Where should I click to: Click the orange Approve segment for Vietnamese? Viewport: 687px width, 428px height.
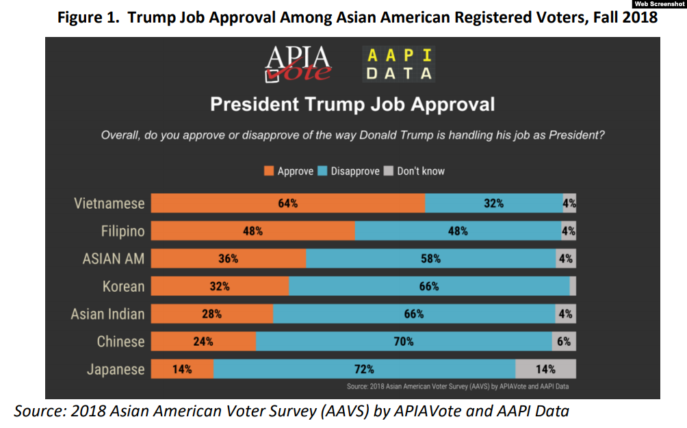tap(287, 203)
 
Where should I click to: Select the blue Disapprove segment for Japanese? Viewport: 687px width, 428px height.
tap(363, 369)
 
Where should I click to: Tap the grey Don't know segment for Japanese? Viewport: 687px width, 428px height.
tap(545, 369)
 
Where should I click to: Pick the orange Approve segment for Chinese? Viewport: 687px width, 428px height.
tap(203, 341)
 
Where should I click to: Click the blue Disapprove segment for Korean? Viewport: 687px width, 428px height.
tap(429, 286)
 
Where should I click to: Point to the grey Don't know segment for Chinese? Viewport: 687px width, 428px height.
tap(564, 341)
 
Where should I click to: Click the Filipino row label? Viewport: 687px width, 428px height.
tap(123, 231)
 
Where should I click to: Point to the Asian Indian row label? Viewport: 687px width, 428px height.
tap(108, 314)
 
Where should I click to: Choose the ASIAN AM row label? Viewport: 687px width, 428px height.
tap(114, 259)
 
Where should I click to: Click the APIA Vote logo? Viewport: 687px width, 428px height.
tap(299, 64)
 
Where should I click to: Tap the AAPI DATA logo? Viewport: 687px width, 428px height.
tap(399, 64)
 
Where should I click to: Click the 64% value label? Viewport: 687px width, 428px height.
tap(287, 203)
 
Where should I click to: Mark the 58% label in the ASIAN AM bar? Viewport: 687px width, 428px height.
tap(431, 259)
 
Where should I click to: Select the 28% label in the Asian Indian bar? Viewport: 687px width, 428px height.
tap(212, 314)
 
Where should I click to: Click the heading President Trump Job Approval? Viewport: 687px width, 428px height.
tap(352, 105)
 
